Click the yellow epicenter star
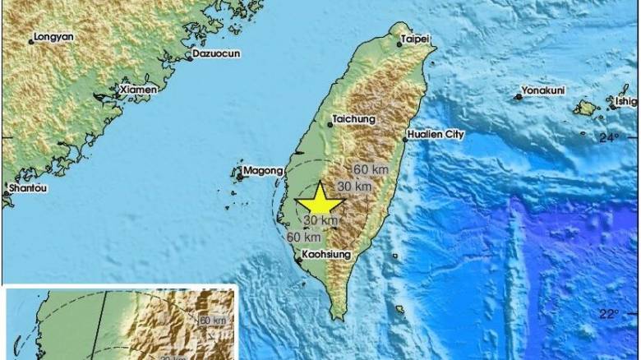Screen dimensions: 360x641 (320, 201)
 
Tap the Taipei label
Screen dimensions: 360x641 (415, 38)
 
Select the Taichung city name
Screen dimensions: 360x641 (354, 119)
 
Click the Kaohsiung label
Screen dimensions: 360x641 (327, 256)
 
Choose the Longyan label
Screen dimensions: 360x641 (53, 36)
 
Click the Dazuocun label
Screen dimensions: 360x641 (215, 56)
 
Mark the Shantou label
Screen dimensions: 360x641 (26, 187)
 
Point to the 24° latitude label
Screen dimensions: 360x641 (608, 138)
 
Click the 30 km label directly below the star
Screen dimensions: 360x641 (320, 220)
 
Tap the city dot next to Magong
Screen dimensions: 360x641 (241, 174)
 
